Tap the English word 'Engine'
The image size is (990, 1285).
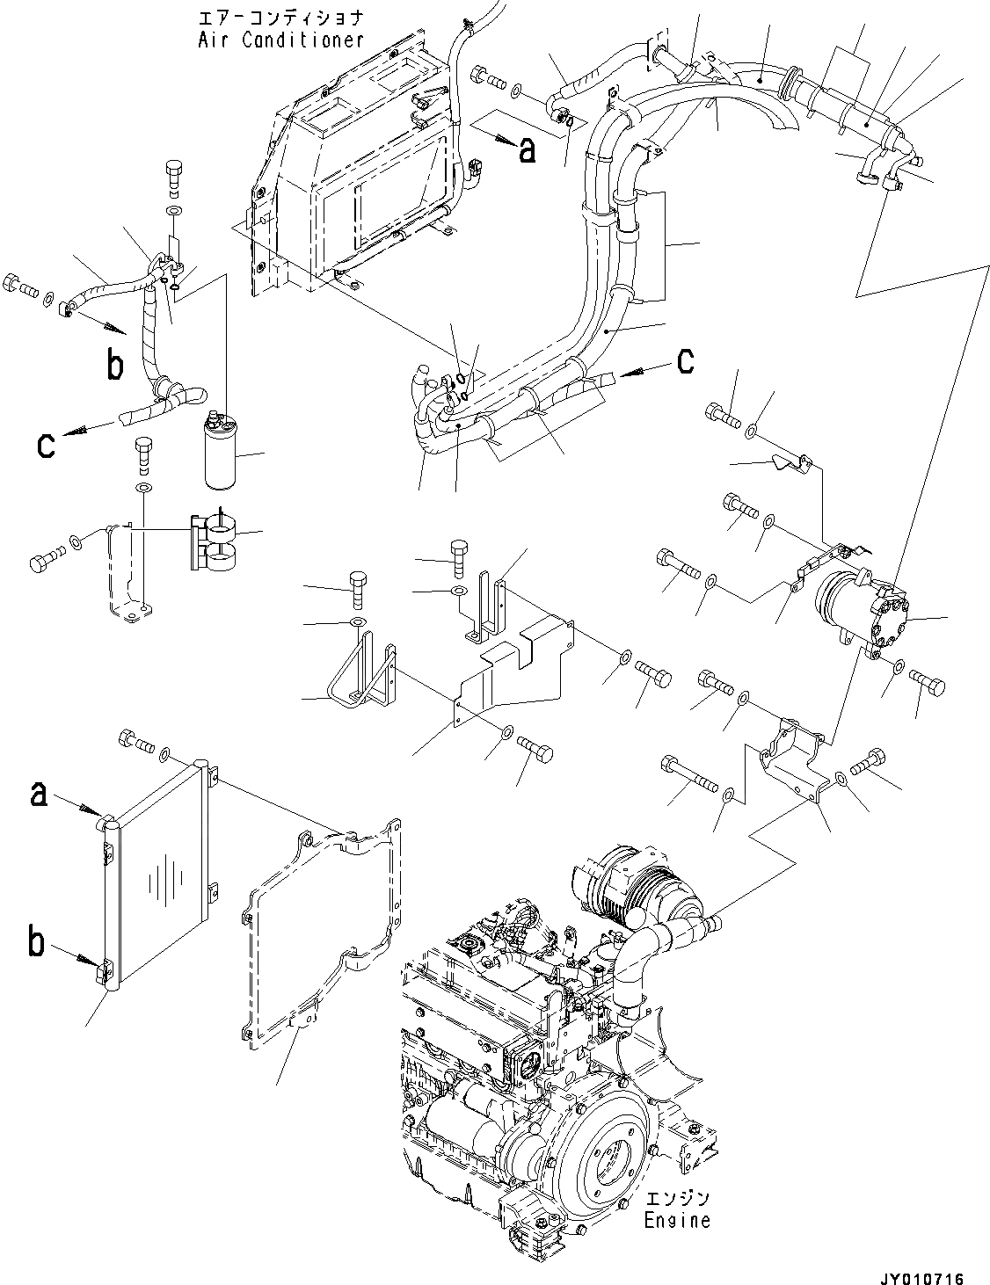677,1221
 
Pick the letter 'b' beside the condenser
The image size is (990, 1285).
38,945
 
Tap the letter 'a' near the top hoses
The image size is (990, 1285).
527,150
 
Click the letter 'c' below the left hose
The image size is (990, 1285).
46,445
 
